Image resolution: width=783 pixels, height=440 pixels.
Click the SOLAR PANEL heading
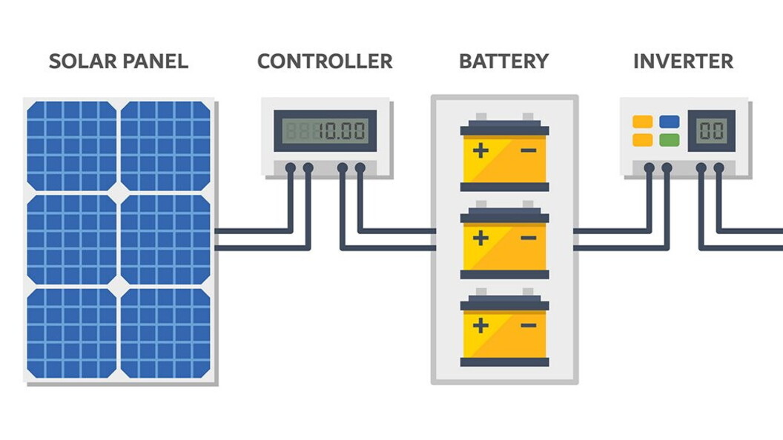[x=118, y=61]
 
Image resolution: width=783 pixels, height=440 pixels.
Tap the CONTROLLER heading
[x=325, y=61]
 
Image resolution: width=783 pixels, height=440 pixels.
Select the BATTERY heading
[x=503, y=61]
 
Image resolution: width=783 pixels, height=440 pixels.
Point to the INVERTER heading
[x=683, y=61]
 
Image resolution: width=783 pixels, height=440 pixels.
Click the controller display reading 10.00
[x=325, y=131]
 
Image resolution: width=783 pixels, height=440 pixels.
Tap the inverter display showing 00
[x=711, y=131]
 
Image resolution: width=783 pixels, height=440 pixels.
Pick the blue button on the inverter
[x=669, y=122]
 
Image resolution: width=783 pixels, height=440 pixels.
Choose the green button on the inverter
[x=669, y=139]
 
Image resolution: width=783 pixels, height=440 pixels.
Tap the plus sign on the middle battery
[x=481, y=239]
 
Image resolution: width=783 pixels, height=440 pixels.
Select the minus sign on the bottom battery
[x=528, y=325]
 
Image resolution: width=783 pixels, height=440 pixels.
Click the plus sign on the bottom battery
[x=481, y=325]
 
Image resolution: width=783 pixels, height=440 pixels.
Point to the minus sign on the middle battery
[x=528, y=239]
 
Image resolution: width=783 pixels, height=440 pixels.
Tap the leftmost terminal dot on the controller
[x=291, y=168]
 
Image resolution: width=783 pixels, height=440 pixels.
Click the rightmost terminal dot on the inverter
[x=718, y=168]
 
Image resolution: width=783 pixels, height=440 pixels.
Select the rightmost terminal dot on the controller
[x=360, y=168]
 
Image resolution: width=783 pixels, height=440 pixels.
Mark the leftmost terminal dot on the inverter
[x=650, y=168]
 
